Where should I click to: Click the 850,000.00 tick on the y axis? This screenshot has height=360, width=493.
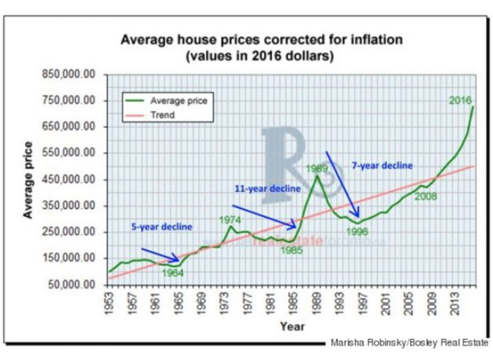pyautogui.click(x=69, y=74)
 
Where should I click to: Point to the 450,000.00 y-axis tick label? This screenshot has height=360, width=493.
pyautogui.click(x=69, y=179)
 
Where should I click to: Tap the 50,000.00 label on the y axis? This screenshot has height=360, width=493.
pyautogui.click(x=71, y=285)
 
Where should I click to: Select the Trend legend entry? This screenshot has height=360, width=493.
pyautogui.click(x=163, y=115)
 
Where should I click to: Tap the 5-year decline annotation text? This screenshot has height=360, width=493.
pyautogui.click(x=162, y=227)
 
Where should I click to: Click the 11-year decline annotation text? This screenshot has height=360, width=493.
pyautogui.click(x=268, y=189)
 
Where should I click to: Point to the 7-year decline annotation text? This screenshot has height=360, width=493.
pyautogui.click(x=382, y=166)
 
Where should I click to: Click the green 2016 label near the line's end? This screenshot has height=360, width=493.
pyautogui.click(x=460, y=100)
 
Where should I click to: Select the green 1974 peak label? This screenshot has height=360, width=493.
pyautogui.click(x=230, y=220)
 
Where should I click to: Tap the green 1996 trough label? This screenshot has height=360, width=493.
pyautogui.click(x=357, y=231)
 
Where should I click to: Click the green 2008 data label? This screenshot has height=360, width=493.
pyautogui.click(x=426, y=196)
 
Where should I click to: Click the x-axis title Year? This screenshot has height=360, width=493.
pyautogui.click(x=292, y=327)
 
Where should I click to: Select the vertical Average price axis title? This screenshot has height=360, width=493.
pyautogui.click(x=28, y=180)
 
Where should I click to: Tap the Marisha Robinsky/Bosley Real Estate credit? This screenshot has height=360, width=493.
pyautogui.click(x=409, y=343)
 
